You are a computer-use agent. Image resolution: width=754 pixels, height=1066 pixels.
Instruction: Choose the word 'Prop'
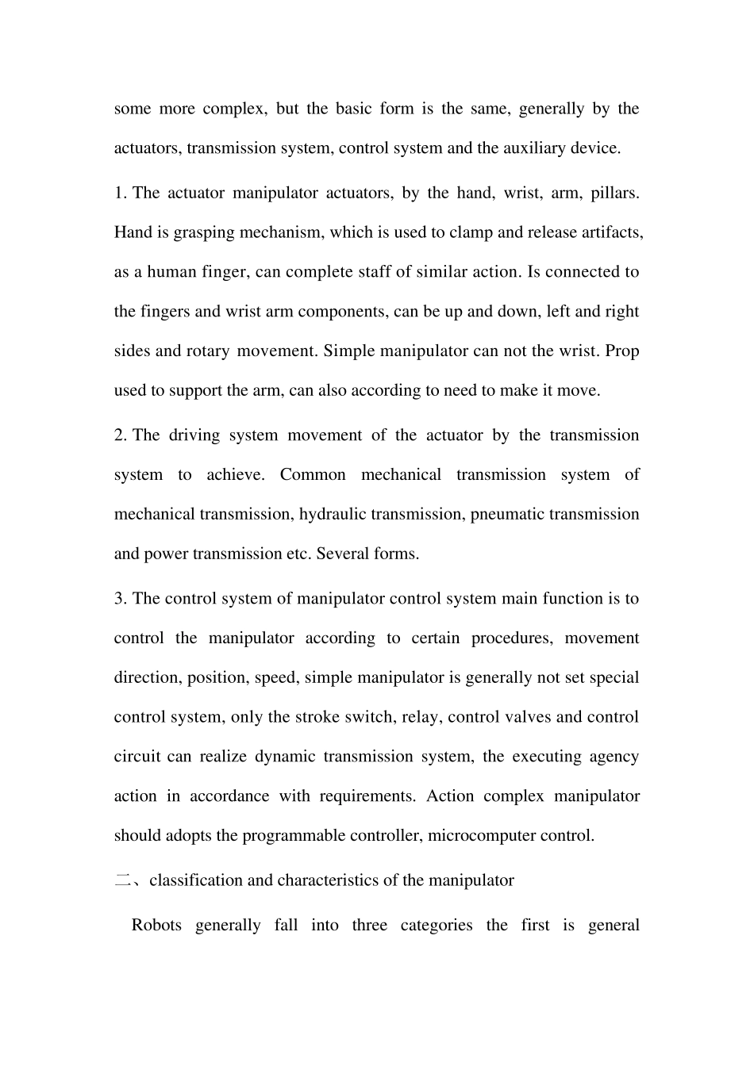(x=622, y=351)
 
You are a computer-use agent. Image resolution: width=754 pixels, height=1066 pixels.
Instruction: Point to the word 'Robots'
(x=157, y=925)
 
